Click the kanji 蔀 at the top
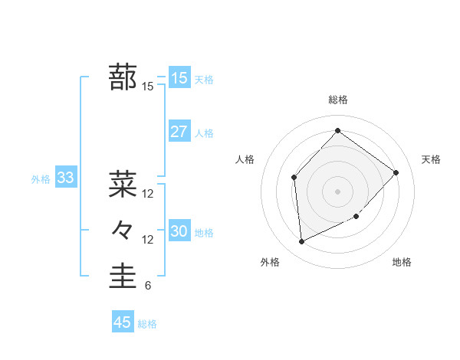[x=123, y=77]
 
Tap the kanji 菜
[x=123, y=184]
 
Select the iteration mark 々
[x=123, y=230]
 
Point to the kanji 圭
[x=123, y=277]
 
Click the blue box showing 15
[x=179, y=78]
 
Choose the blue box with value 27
[x=179, y=132]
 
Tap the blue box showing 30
[x=179, y=231]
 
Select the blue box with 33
[x=65, y=178]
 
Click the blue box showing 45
[x=123, y=322]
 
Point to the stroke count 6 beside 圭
[x=147, y=286]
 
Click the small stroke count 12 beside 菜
[x=148, y=194]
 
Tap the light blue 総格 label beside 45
[x=147, y=324]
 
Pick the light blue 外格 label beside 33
[x=41, y=179]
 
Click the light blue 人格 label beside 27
[x=204, y=133]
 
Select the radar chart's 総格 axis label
[x=337, y=100]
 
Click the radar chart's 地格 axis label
[x=402, y=262]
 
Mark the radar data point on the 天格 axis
[x=396, y=172]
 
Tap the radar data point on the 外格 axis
[x=301, y=241]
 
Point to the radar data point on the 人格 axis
[x=294, y=178]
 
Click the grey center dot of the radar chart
[x=337, y=191]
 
